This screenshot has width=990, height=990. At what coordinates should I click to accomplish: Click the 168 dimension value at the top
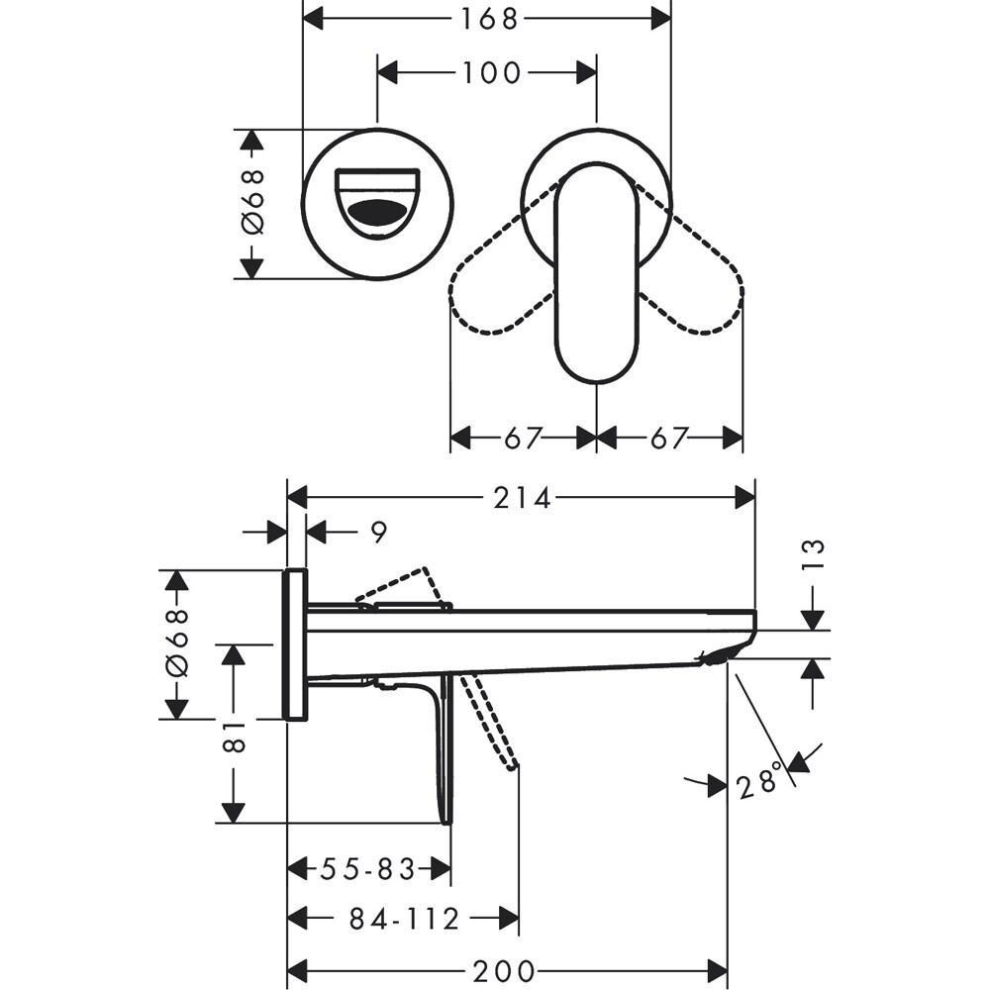pyautogui.click(x=488, y=18)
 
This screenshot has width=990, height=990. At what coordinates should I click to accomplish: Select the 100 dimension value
pyautogui.click(x=488, y=72)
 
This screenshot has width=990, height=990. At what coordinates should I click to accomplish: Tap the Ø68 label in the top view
pyautogui.click(x=253, y=203)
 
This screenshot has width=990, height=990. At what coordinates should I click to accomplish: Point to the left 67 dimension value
pyautogui.click(x=523, y=438)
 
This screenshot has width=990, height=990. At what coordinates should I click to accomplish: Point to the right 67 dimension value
pyautogui.click(x=668, y=438)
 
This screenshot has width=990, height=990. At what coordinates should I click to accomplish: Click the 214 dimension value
pyautogui.click(x=522, y=498)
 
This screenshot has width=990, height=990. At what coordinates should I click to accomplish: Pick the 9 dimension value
pyautogui.click(x=378, y=533)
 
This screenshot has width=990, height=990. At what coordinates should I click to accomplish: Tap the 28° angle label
pyautogui.click(x=760, y=786)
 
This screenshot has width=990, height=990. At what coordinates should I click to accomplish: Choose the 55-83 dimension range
pyautogui.click(x=367, y=869)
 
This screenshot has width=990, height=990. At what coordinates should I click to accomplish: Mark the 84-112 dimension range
pyautogui.click(x=404, y=920)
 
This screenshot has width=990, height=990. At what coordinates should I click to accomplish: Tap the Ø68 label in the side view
pyautogui.click(x=176, y=644)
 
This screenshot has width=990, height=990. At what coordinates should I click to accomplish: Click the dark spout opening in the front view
pyautogui.click(x=377, y=210)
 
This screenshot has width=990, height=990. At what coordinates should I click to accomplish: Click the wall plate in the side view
pyautogui.click(x=296, y=644)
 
